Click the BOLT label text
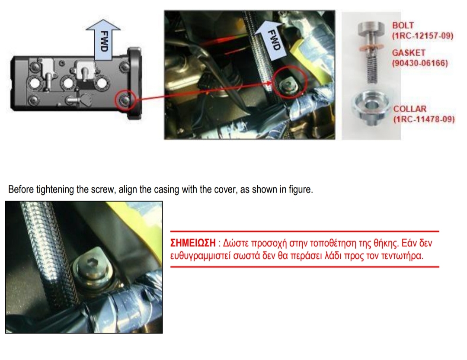403,26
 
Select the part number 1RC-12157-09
422,36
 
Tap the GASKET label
409,53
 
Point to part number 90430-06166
420,63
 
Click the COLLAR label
410,109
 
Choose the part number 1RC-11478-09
424,119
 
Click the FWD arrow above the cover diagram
103,40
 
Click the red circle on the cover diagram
126,100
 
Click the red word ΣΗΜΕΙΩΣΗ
193,243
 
